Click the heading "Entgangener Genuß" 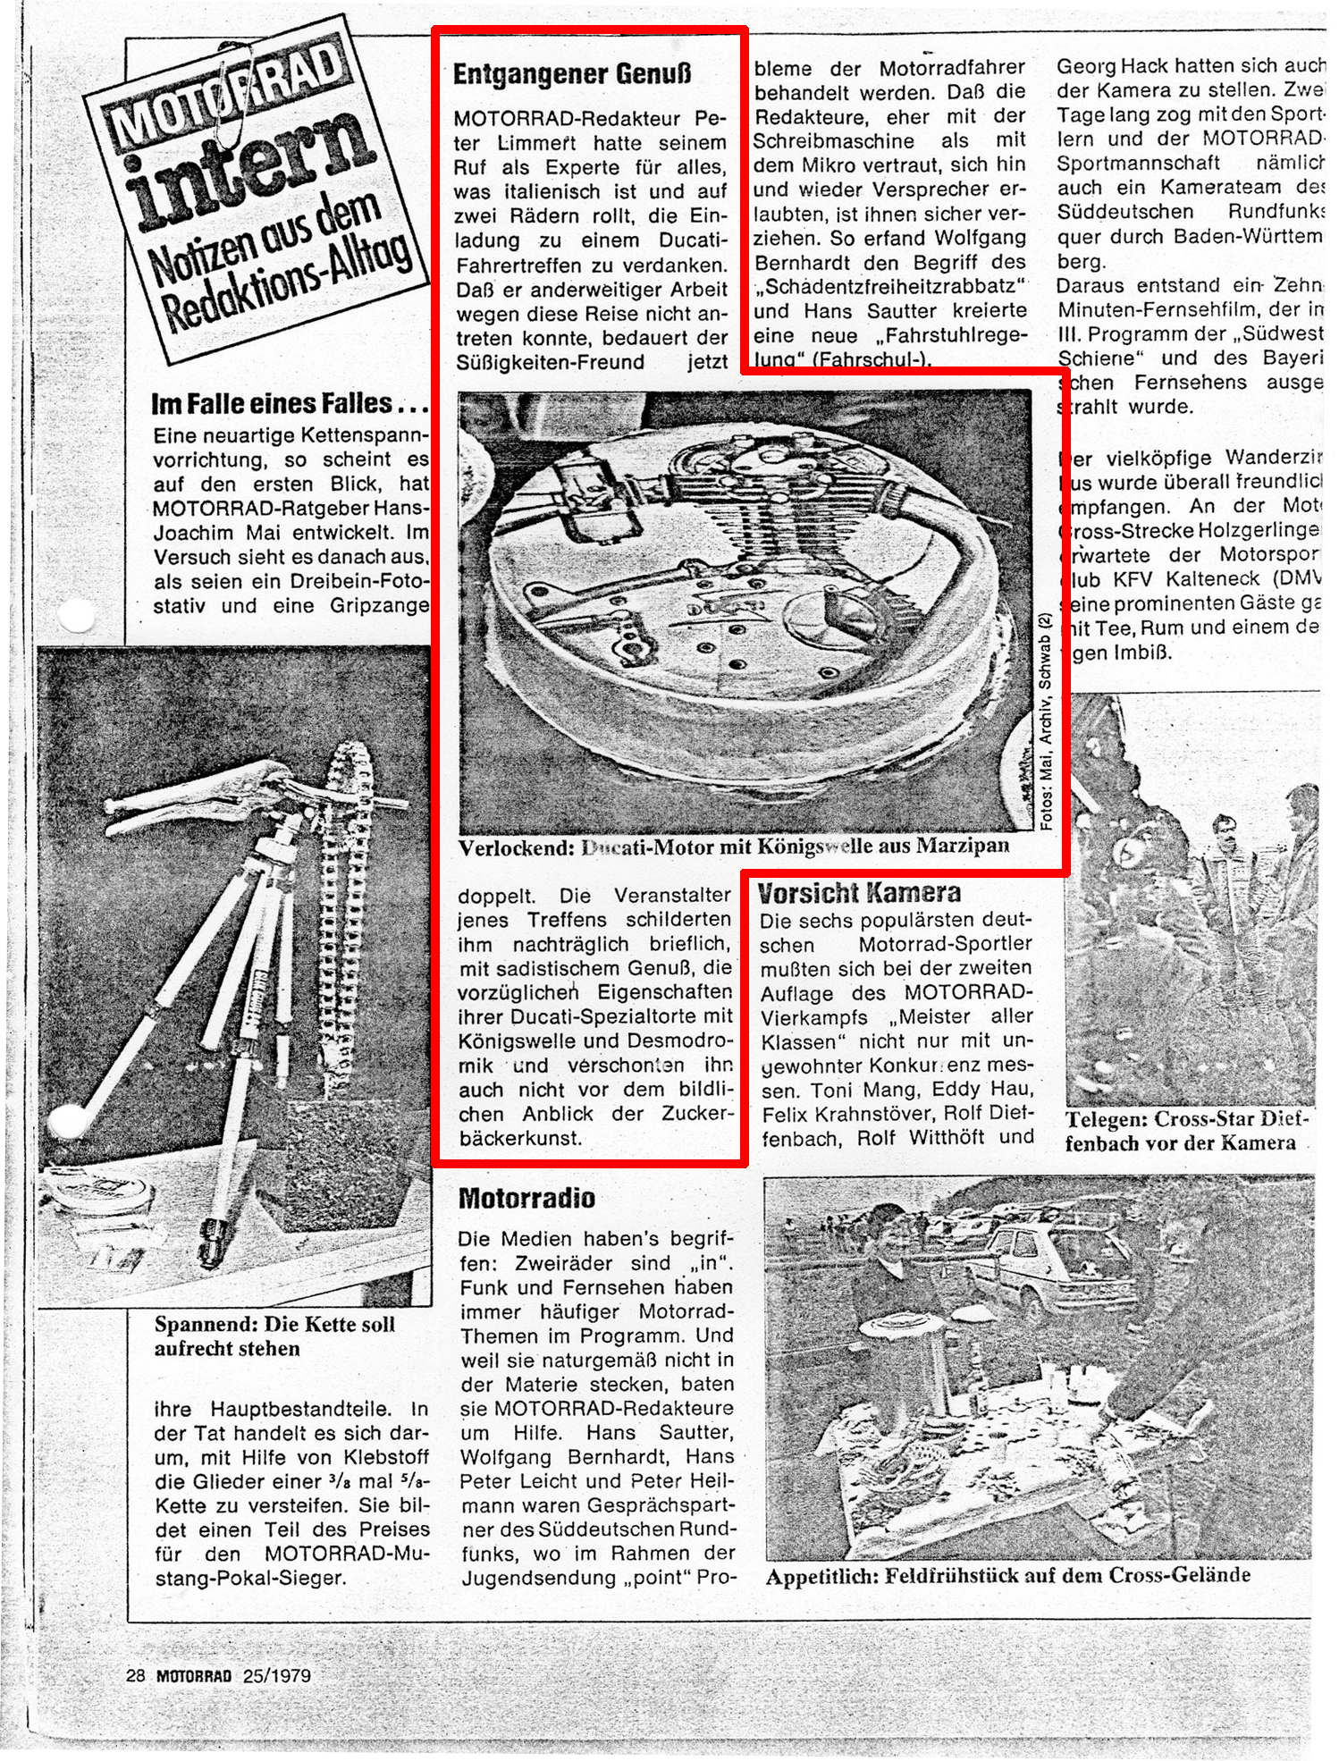click(x=572, y=74)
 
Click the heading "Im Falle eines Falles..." click(x=289, y=404)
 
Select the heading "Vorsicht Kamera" click(x=859, y=893)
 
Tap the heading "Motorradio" click(x=526, y=1198)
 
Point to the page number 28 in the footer click(x=136, y=1675)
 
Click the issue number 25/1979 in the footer click(x=277, y=1675)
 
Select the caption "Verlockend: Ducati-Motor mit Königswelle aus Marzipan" click(x=733, y=847)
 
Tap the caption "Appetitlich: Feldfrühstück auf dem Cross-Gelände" click(x=1007, y=1575)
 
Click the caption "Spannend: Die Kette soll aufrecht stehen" click(x=274, y=1336)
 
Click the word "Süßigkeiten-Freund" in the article click(x=550, y=363)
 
